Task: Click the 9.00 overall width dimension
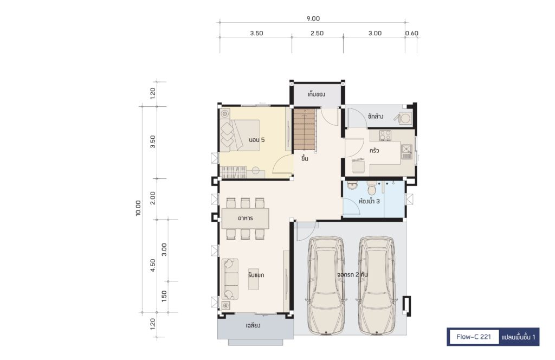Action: pyautogui.click(x=313, y=18)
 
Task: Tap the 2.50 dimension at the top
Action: pyautogui.click(x=317, y=33)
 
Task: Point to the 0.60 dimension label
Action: pyautogui.click(x=412, y=33)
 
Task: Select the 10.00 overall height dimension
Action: pyautogui.click(x=138, y=208)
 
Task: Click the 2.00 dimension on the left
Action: pyautogui.click(x=152, y=198)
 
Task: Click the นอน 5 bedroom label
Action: pyautogui.click(x=256, y=140)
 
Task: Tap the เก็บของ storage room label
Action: pyautogui.click(x=316, y=94)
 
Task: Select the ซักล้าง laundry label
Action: pyautogui.click(x=376, y=116)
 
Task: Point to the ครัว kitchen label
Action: pyautogui.click(x=374, y=150)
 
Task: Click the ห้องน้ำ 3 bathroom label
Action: pyautogui.click(x=369, y=201)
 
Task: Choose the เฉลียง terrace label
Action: pyautogui.click(x=254, y=325)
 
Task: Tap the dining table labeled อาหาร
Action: pyautogui.click(x=246, y=218)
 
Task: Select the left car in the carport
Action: pyautogui.click(x=326, y=285)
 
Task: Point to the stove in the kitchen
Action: pyautogui.click(x=385, y=135)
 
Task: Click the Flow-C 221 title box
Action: pyautogui.click(x=474, y=337)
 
